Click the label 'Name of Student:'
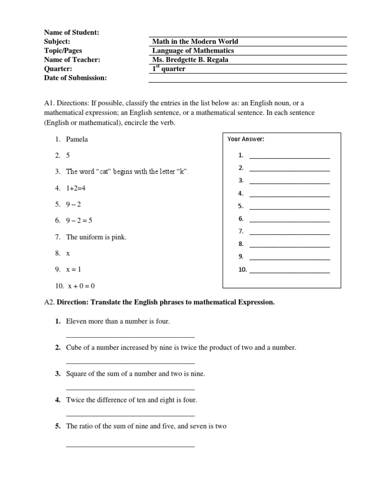click(x=71, y=32)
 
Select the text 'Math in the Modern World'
click(x=195, y=41)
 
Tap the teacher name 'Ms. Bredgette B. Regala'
click(x=190, y=60)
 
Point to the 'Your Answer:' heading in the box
click(x=246, y=139)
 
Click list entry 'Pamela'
click(x=77, y=139)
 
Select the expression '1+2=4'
click(x=77, y=188)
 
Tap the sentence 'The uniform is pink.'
click(x=96, y=237)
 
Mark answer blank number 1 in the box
click(x=289, y=156)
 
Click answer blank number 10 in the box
click(x=289, y=270)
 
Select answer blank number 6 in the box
click(x=289, y=219)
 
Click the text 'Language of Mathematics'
click(x=193, y=51)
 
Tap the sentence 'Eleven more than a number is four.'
click(x=118, y=322)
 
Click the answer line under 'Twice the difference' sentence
click(x=130, y=415)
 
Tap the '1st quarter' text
click(x=168, y=69)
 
